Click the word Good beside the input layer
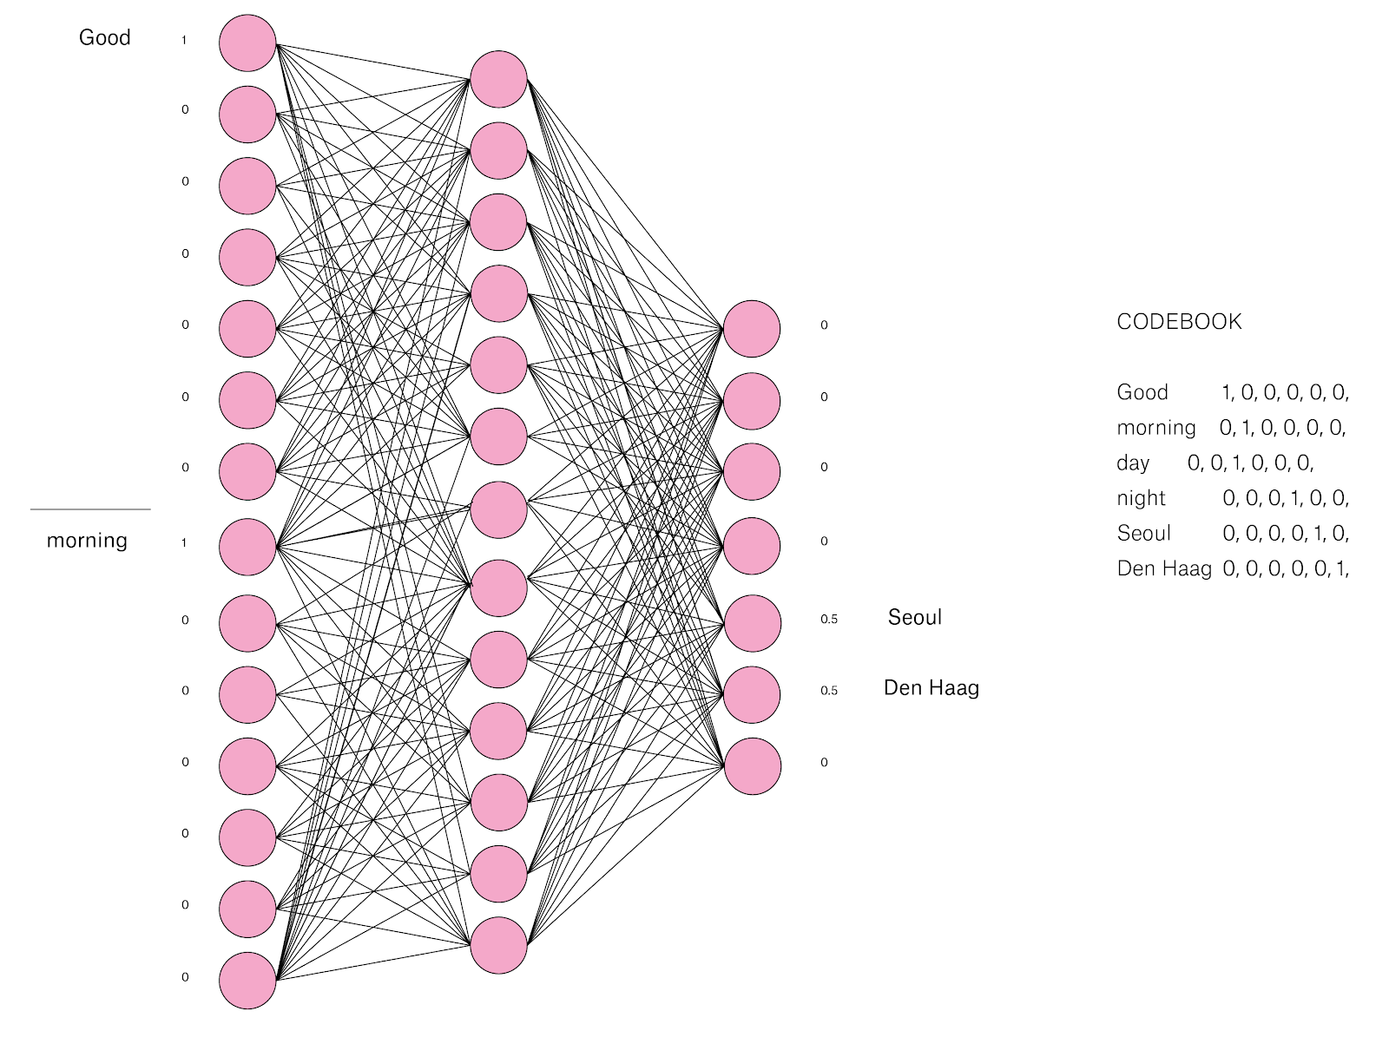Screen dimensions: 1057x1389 [x=104, y=37]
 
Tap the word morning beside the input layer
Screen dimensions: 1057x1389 [x=87, y=541]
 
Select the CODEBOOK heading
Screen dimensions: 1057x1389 [x=1179, y=322]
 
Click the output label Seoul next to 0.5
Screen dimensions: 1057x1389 [x=914, y=617]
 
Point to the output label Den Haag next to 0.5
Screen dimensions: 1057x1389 [x=931, y=688]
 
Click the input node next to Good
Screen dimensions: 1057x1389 [x=247, y=43]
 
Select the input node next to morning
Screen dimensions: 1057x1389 [x=247, y=547]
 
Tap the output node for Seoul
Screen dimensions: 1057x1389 [x=752, y=623]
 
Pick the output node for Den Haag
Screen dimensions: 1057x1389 [x=752, y=694]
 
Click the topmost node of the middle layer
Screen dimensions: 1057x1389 [x=499, y=79]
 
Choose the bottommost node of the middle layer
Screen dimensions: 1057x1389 [x=499, y=945]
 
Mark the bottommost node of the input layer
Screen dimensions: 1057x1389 [x=247, y=981]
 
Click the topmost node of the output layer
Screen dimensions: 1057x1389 [x=752, y=329]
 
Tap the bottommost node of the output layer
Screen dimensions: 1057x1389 [x=752, y=766]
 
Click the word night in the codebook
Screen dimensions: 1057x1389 [x=1141, y=498]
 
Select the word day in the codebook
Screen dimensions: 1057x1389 [x=1133, y=463]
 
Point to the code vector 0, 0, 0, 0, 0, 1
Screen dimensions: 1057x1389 [x=1286, y=569]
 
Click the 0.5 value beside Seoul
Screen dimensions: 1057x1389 [x=829, y=620]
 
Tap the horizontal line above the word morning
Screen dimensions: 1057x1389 [x=90, y=509]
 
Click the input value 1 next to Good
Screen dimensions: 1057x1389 [x=184, y=40]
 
